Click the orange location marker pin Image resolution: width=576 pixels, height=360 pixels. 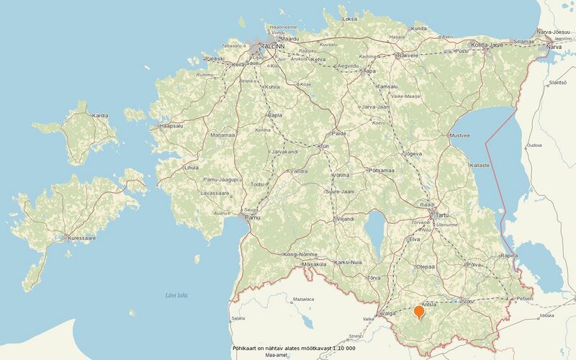419,312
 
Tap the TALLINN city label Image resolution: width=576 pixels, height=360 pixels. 272,45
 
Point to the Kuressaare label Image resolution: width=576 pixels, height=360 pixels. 81,237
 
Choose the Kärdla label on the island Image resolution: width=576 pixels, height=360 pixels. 100,116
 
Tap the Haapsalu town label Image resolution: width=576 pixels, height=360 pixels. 173,126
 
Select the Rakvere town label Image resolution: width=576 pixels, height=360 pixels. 408,55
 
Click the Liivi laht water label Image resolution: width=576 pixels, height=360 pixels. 176,294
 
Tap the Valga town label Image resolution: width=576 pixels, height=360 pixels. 388,313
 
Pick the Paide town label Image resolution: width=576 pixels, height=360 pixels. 338,133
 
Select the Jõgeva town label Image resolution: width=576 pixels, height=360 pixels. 413,153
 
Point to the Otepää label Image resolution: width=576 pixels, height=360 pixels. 425,266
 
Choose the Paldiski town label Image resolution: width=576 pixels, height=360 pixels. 215,58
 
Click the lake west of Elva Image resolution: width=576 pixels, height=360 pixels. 374,231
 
